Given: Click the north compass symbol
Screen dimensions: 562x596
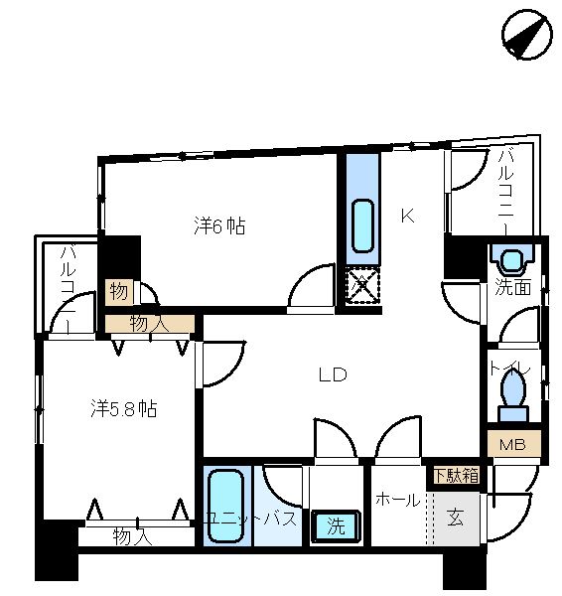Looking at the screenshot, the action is (x=527, y=35).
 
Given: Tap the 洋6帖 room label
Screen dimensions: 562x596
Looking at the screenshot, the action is (x=219, y=225).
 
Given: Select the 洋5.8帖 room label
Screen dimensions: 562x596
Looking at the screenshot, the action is (x=124, y=409).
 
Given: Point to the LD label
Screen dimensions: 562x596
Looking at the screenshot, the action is (x=333, y=375).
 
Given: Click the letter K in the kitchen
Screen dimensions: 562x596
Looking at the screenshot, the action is (x=408, y=217).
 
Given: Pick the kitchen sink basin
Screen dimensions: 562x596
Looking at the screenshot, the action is (x=362, y=225).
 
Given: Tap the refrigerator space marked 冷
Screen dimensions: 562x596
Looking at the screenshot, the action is (x=362, y=285).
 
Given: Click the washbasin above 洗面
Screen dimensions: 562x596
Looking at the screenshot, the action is (x=511, y=260).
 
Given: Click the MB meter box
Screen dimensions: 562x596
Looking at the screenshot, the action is (x=514, y=444).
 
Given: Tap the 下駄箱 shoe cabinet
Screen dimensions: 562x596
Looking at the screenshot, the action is (x=456, y=475).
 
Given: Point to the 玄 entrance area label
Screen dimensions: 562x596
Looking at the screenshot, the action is (x=455, y=518).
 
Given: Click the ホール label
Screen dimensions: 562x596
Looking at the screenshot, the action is (x=398, y=500).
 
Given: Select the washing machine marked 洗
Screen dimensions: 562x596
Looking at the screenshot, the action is (x=336, y=526).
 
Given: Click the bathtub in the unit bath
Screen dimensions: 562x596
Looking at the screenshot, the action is (x=226, y=506).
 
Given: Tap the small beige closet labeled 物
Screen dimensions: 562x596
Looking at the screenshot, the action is (x=119, y=292).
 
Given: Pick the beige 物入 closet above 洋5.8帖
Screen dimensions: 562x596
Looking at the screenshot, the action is (x=150, y=324).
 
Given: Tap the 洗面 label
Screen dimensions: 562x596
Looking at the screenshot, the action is (x=512, y=287).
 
